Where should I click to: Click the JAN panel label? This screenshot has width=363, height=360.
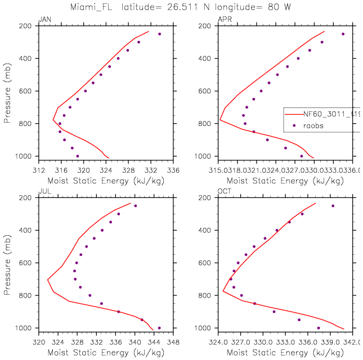tap(44, 20)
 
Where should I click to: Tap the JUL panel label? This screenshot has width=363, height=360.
tap(44, 192)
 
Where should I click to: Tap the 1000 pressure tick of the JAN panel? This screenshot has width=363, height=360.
tap(26, 156)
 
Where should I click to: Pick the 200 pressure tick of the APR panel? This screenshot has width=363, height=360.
tap(207, 26)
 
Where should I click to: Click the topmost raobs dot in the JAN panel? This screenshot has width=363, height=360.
tap(159, 34)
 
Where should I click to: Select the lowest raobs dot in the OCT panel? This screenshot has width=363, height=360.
tap(319, 328)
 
